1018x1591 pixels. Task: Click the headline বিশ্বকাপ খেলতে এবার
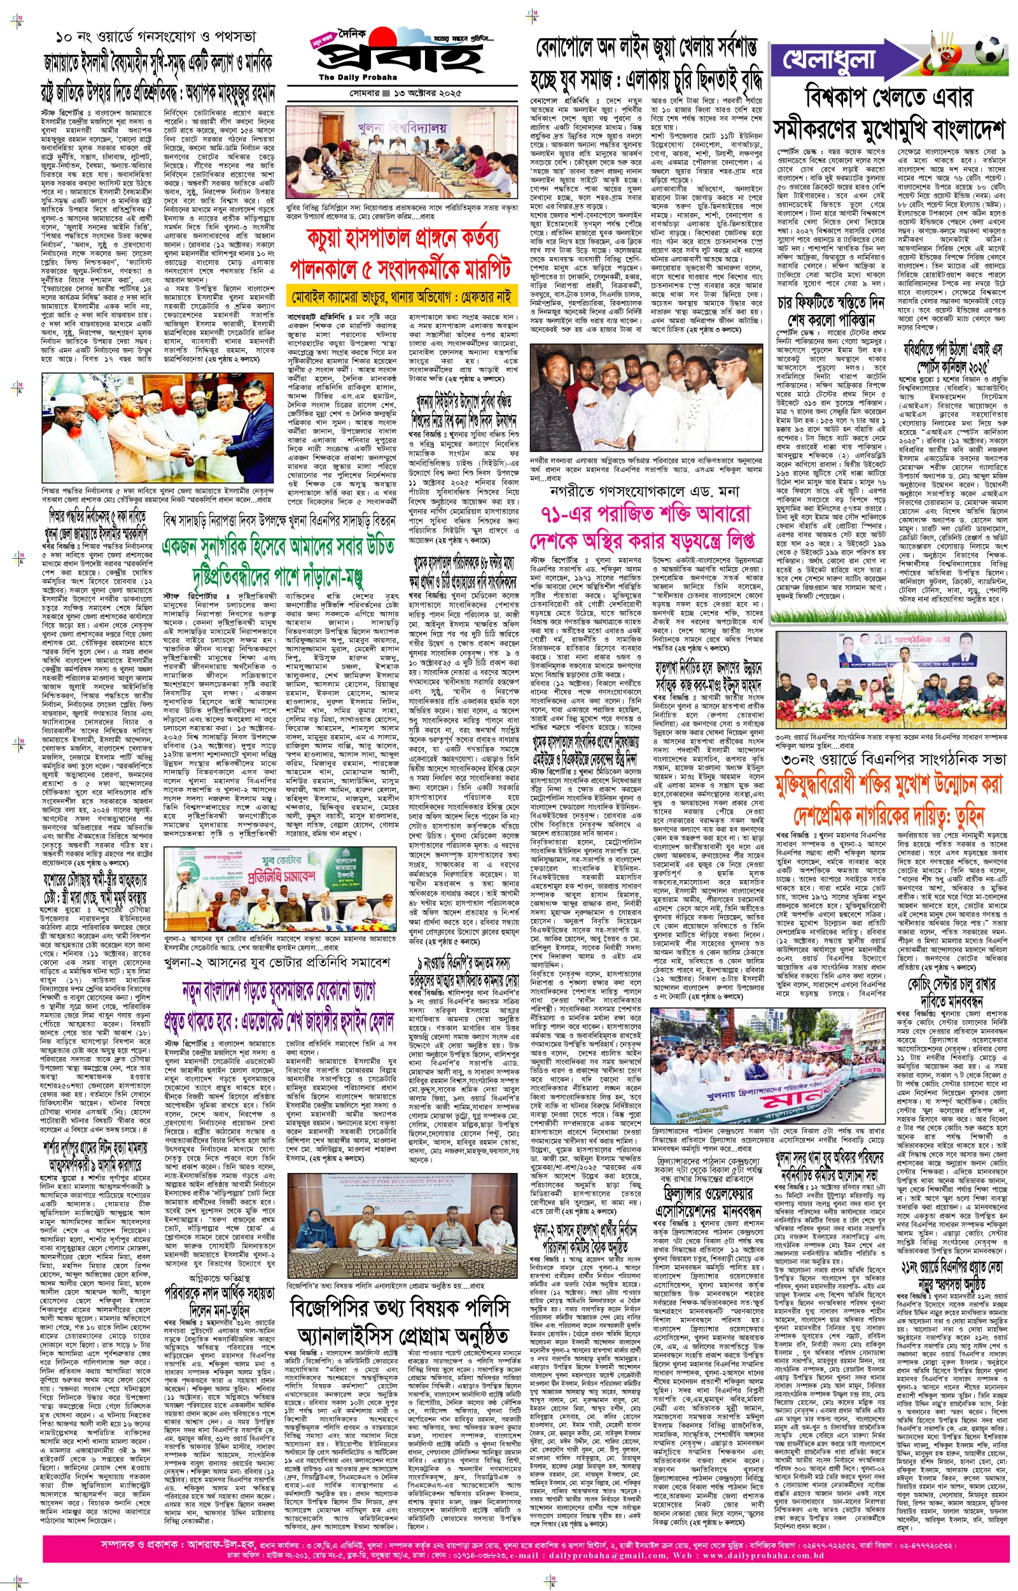pos(888,99)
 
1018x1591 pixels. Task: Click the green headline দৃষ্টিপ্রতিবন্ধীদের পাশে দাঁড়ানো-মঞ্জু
pos(278,576)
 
